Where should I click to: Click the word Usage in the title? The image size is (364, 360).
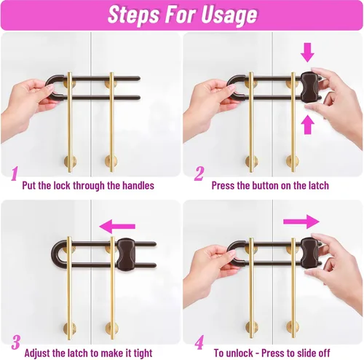(229, 15)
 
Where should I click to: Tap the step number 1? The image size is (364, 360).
(15, 173)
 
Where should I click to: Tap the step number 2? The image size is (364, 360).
(199, 173)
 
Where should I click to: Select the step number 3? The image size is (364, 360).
(16, 343)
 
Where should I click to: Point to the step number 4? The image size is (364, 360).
(199, 343)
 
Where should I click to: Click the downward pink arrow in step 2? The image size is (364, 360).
(307, 52)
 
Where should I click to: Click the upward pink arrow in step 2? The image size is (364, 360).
(307, 125)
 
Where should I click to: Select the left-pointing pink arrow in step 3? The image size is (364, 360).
(117, 227)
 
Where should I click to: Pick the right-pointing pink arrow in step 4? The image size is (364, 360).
(301, 222)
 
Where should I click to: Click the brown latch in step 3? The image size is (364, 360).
(126, 254)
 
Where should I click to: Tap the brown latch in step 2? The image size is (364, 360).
(309, 87)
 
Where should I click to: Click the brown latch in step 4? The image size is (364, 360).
(309, 253)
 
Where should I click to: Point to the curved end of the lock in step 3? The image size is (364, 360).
(55, 254)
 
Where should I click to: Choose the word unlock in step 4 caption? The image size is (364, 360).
(240, 353)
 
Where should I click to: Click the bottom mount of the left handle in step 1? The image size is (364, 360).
(70, 162)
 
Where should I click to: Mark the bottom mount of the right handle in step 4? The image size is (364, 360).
(293, 327)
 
